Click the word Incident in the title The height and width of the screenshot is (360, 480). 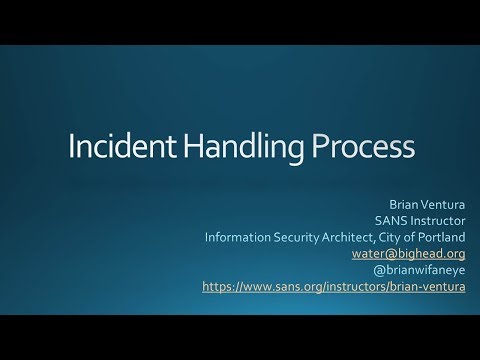coord(114,147)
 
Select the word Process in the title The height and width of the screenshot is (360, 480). coord(355,147)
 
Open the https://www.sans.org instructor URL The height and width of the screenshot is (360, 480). coord(333,286)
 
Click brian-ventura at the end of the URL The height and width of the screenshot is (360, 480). coord(427,286)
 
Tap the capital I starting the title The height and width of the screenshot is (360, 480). coord(70,147)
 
